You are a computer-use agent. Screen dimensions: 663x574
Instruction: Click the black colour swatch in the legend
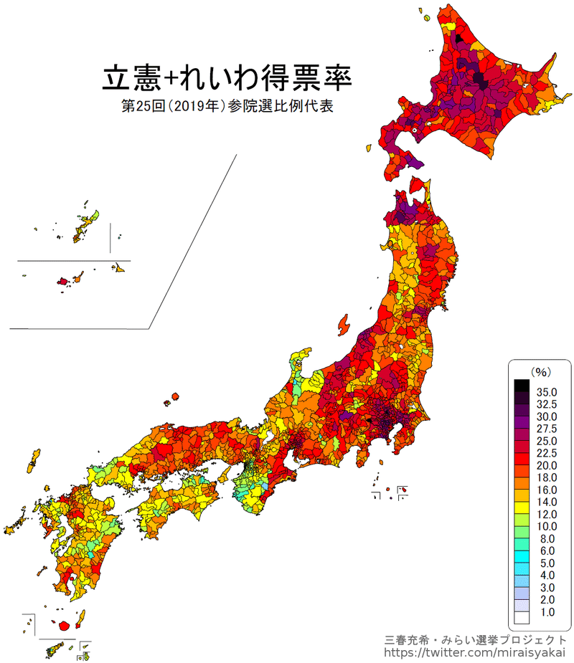522,386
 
